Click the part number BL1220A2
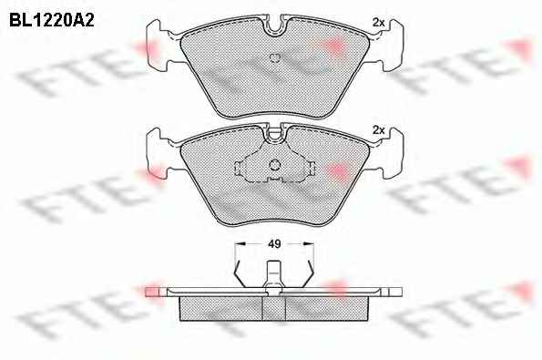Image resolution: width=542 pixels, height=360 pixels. click(x=52, y=21)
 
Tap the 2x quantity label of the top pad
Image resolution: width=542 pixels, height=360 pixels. click(x=379, y=23)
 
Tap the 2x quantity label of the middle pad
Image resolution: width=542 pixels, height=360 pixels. click(x=379, y=130)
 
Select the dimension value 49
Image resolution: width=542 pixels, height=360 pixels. click(x=274, y=244)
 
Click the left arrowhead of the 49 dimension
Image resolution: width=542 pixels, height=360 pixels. click(x=240, y=244)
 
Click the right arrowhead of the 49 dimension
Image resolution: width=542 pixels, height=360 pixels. click(x=308, y=244)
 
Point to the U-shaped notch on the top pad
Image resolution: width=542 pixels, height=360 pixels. click(x=274, y=26)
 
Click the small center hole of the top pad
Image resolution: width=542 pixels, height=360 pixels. click(x=274, y=58)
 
